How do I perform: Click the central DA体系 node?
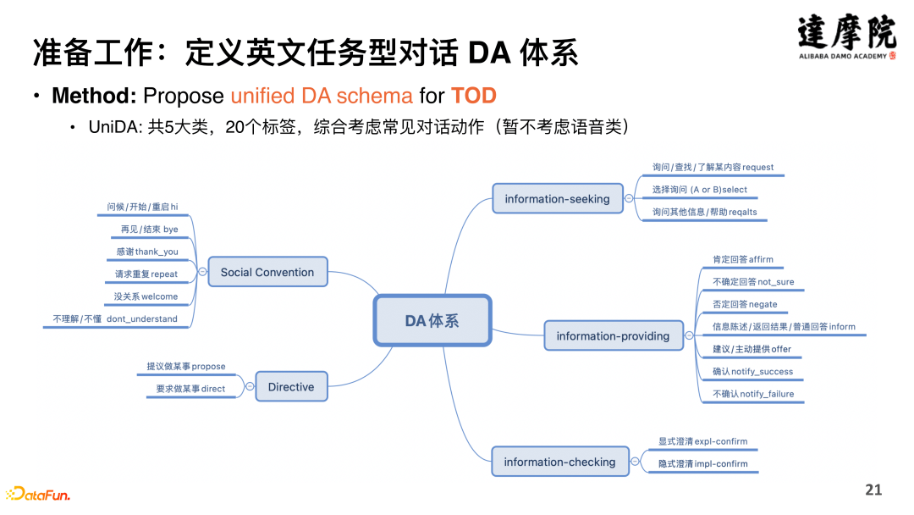click(432, 321)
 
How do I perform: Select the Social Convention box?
click(267, 272)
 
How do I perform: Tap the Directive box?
click(291, 386)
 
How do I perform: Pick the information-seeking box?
click(557, 199)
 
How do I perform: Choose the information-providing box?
click(613, 335)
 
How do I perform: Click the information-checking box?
click(559, 462)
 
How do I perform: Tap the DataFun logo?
click(39, 494)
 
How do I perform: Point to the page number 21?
click(873, 490)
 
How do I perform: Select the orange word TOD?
click(473, 95)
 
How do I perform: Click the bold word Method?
click(94, 95)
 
